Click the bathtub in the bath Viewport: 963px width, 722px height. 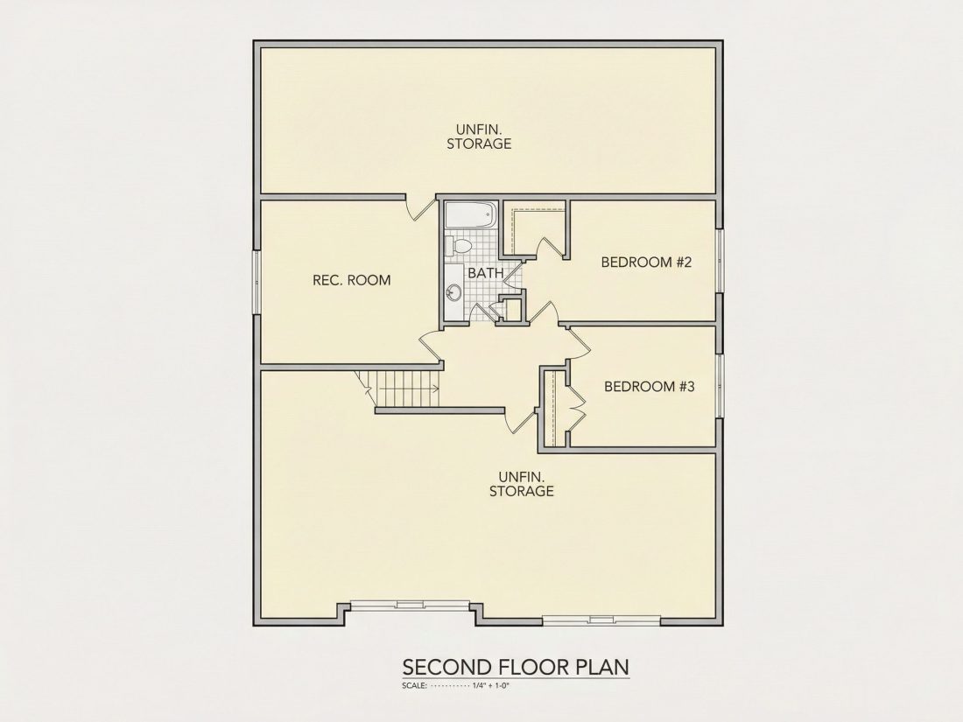tap(470, 215)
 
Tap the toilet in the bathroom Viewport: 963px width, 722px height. tap(458, 246)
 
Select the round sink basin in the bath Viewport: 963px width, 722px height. tap(453, 293)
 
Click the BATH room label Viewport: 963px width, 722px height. tap(486, 272)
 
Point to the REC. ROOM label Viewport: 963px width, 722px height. tap(352, 281)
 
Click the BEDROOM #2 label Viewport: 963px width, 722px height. tap(647, 263)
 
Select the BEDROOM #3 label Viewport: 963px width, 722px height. tap(650, 386)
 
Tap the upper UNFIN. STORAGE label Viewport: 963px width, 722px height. tap(479, 137)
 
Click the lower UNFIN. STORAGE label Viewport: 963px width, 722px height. tap(522, 484)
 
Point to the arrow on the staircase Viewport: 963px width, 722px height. tap(409, 388)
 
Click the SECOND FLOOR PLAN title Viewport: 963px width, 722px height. tap(516, 667)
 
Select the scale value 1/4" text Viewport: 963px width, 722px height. tap(480, 685)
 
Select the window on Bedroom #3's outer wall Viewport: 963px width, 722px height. tap(719, 386)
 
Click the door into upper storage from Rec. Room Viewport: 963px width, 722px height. tap(421, 208)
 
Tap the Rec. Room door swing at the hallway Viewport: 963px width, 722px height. tap(432, 346)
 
